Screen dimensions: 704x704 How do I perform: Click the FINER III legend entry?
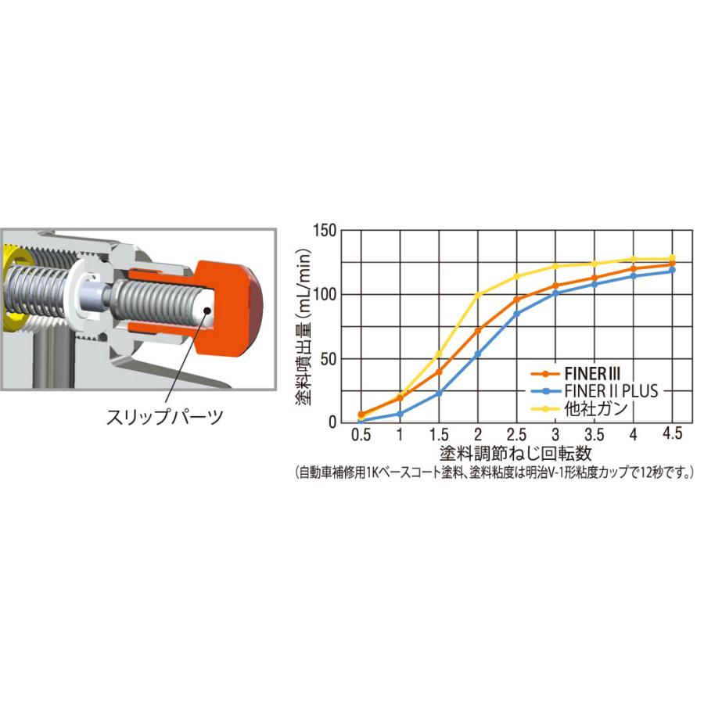coord(576,373)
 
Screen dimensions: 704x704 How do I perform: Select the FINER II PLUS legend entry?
coord(594,391)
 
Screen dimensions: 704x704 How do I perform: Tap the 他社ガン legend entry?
coord(579,408)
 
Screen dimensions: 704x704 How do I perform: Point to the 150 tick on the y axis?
coord(325,231)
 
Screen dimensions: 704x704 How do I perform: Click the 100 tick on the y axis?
coord(325,295)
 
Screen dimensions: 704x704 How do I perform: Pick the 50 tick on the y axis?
coord(329,359)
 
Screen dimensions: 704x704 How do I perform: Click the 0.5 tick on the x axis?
coord(361,435)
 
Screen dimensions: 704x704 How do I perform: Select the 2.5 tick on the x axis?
coord(516,435)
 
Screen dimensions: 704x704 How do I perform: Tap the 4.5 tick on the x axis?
coord(672,433)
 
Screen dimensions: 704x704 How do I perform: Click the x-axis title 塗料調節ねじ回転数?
coord(516,454)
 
